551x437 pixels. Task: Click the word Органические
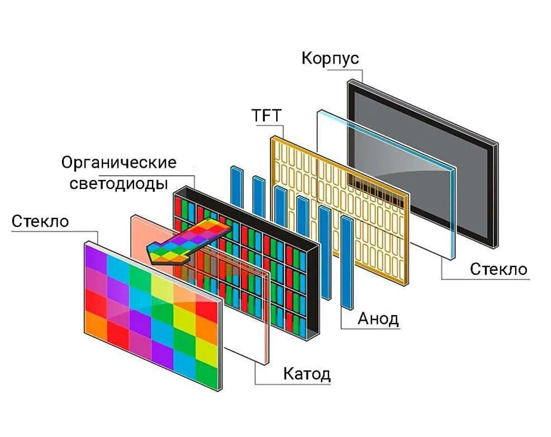pos(118,163)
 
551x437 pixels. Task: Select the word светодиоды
pos(119,183)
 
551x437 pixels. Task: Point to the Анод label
pos(378,319)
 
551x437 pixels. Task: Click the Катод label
pos(307,373)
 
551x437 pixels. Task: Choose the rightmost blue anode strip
pos(348,263)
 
